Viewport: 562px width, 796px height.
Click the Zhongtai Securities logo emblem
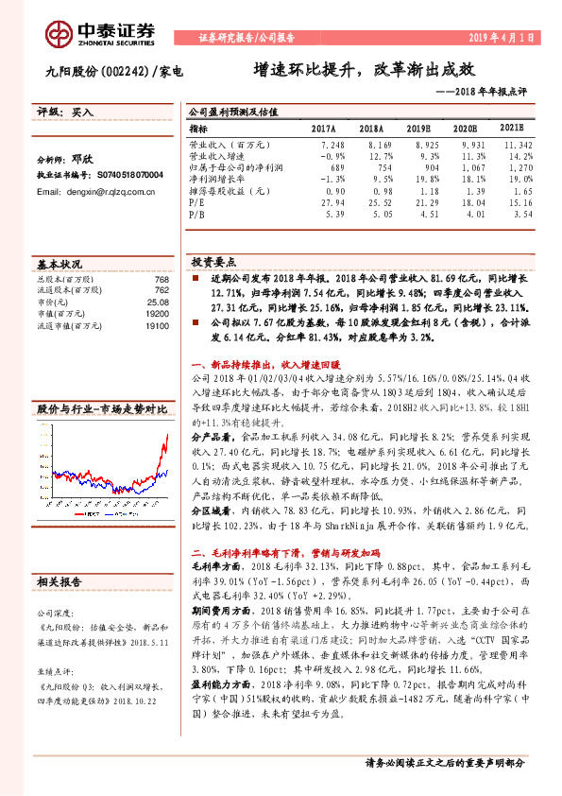point(62,33)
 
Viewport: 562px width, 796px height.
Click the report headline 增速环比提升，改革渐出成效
point(363,69)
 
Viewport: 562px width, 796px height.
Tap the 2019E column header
point(419,128)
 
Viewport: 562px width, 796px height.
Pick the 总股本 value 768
point(162,280)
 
